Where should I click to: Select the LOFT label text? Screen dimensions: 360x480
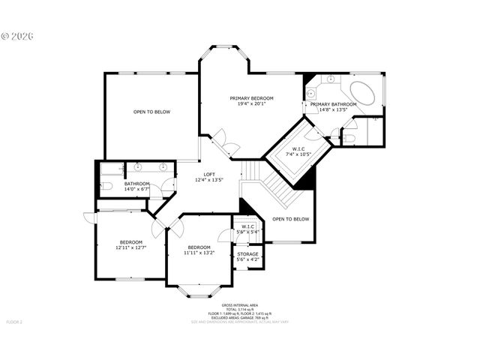pos(209,174)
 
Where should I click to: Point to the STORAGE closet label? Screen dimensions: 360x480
pos(247,254)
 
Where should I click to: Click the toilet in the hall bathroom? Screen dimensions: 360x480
pos(106,185)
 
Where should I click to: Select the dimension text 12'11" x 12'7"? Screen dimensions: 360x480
pos(130,247)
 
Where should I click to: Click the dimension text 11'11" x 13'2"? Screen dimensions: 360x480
pos(199,253)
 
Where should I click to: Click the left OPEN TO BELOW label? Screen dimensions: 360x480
pos(151,112)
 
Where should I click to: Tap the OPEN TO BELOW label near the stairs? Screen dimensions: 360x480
pos(290,219)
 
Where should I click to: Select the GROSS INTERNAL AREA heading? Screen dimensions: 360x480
pos(240,305)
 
